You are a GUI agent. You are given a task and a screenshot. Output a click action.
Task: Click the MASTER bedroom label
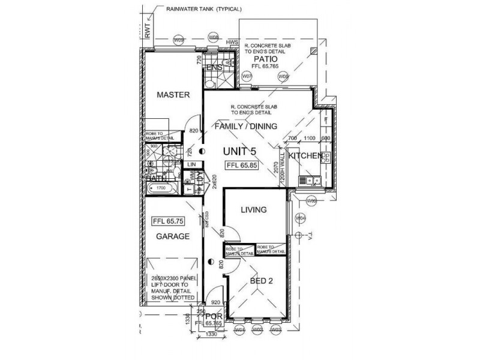click(x=173, y=95)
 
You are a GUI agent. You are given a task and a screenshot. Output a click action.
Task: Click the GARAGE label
click(x=173, y=236)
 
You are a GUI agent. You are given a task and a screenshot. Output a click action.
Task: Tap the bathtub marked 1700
click(x=161, y=188)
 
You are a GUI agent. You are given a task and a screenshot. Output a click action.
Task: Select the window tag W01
click(x=239, y=329)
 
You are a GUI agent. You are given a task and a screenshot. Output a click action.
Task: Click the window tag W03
click(x=276, y=329)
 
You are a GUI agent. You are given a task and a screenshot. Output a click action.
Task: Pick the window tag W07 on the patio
click(x=247, y=77)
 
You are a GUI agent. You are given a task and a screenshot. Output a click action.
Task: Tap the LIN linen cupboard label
click(x=192, y=164)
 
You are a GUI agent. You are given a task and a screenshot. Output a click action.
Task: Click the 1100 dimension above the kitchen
click(x=310, y=139)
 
